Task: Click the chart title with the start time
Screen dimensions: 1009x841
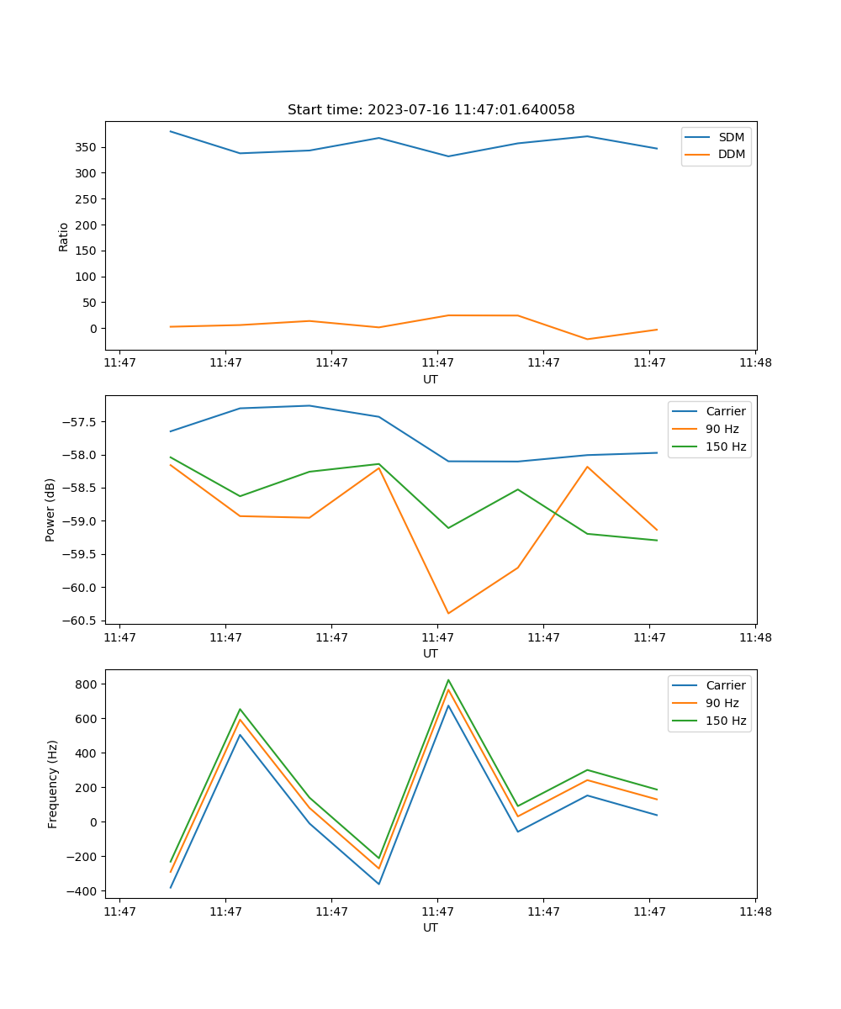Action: [431, 110]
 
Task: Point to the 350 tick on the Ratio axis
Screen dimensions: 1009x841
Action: [87, 148]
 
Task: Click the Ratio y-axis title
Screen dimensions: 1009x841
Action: [64, 236]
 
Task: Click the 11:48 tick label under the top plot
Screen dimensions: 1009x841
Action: [755, 363]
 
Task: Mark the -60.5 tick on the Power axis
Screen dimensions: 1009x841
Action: [82, 621]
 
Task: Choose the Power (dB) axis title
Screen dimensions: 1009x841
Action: [51, 510]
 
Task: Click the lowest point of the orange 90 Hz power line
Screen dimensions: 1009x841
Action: [448, 613]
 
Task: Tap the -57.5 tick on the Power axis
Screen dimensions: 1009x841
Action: [82, 422]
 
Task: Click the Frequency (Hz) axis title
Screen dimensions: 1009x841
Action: [53, 784]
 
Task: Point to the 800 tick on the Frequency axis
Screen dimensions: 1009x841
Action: [87, 684]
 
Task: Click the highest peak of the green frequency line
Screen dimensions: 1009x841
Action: [448, 680]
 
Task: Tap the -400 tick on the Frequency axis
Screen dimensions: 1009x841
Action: [84, 891]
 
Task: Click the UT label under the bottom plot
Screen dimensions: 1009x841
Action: [431, 927]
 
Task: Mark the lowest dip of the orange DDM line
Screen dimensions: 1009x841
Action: [587, 339]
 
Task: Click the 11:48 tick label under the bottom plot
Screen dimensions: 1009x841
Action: [755, 911]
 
